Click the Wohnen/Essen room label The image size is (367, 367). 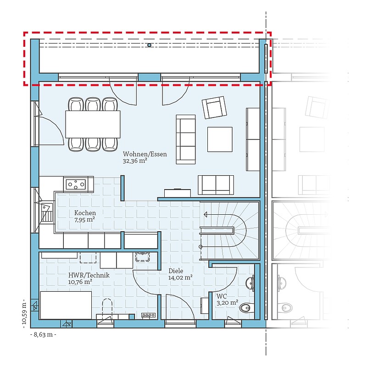[x=145, y=154]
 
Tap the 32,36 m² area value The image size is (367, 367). [x=135, y=161]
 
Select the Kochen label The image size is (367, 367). [x=85, y=213]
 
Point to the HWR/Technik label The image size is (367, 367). [x=89, y=275]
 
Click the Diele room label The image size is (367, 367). [x=176, y=271]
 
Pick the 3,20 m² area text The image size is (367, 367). [x=227, y=303]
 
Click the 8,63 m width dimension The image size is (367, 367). [x=43, y=334]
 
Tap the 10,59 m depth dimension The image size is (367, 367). [x=24, y=313]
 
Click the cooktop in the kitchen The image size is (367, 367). [x=76, y=184]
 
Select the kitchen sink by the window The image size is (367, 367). [x=47, y=213]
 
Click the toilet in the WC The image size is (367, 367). [x=247, y=308]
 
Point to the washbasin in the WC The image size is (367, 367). [x=250, y=284]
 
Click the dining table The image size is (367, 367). [x=93, y=124]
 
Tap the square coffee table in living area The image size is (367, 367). [x=220, y=139]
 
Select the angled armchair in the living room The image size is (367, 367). [x=214, y=107]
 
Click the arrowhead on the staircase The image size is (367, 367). [x=206, y=214]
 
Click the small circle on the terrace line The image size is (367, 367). [x=150, y=45]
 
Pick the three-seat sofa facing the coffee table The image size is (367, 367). [x=186, y=139]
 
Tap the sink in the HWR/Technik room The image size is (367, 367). [x=143, y=257]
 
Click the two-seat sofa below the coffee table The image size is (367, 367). [x=216, y=185]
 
